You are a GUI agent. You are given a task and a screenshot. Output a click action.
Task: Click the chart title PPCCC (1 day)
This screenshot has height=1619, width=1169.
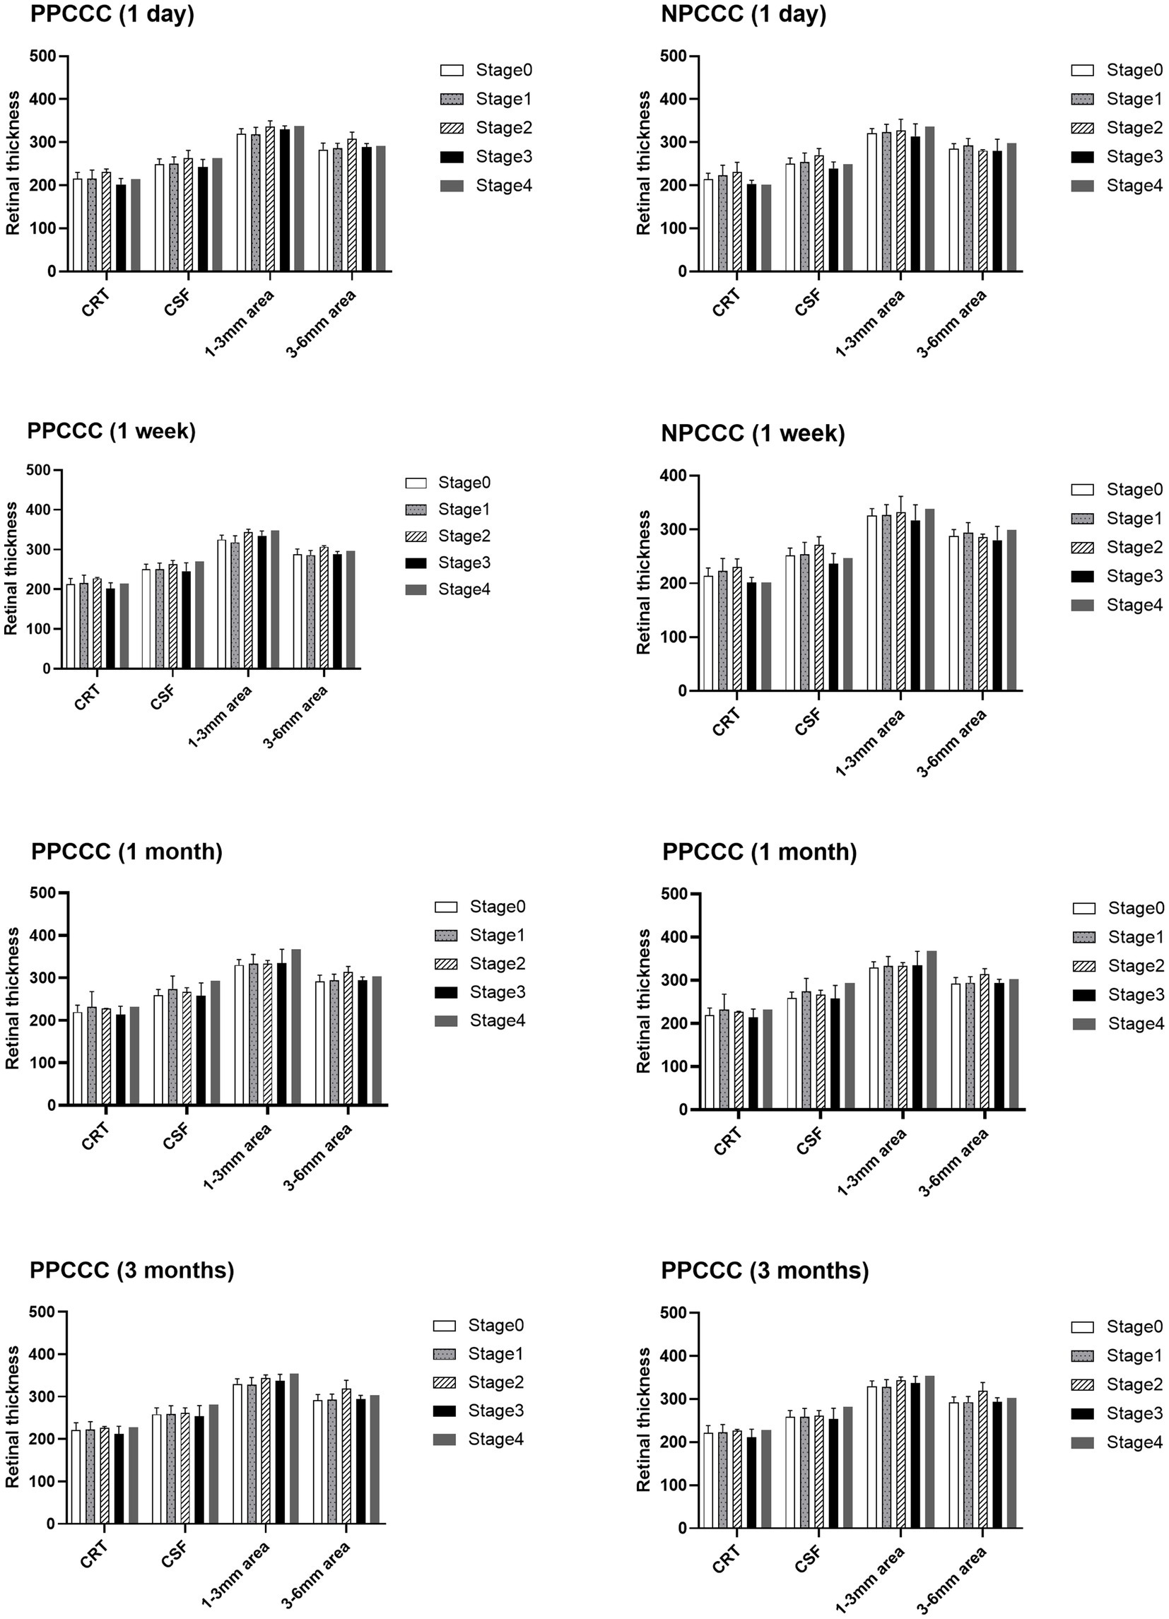pyautogui.click(x=112, y=14)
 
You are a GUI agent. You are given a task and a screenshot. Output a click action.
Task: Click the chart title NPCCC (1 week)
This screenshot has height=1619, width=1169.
pyautogui.click(x=753, y=433)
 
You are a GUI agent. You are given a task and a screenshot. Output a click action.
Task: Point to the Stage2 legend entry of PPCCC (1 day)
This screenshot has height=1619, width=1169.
pyautogui.click(x=486, y=128)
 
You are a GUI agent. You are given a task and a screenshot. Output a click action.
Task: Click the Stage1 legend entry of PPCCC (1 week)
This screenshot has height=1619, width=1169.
pyautogui.click(x=449, y=510)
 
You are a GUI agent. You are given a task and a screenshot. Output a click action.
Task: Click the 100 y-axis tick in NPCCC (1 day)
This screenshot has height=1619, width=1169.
pyautogui.click(x=674, y=228)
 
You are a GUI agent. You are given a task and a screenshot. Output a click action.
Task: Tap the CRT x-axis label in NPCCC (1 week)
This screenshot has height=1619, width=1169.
pyautogui.click(x=727, y=722)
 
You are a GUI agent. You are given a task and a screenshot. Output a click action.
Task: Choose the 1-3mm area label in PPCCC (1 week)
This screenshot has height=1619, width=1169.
pyautogui.click(x=220, y=716)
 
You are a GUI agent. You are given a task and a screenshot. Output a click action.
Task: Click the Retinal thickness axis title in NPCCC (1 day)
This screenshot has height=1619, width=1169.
pyautogui.click(x=643, y=163)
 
